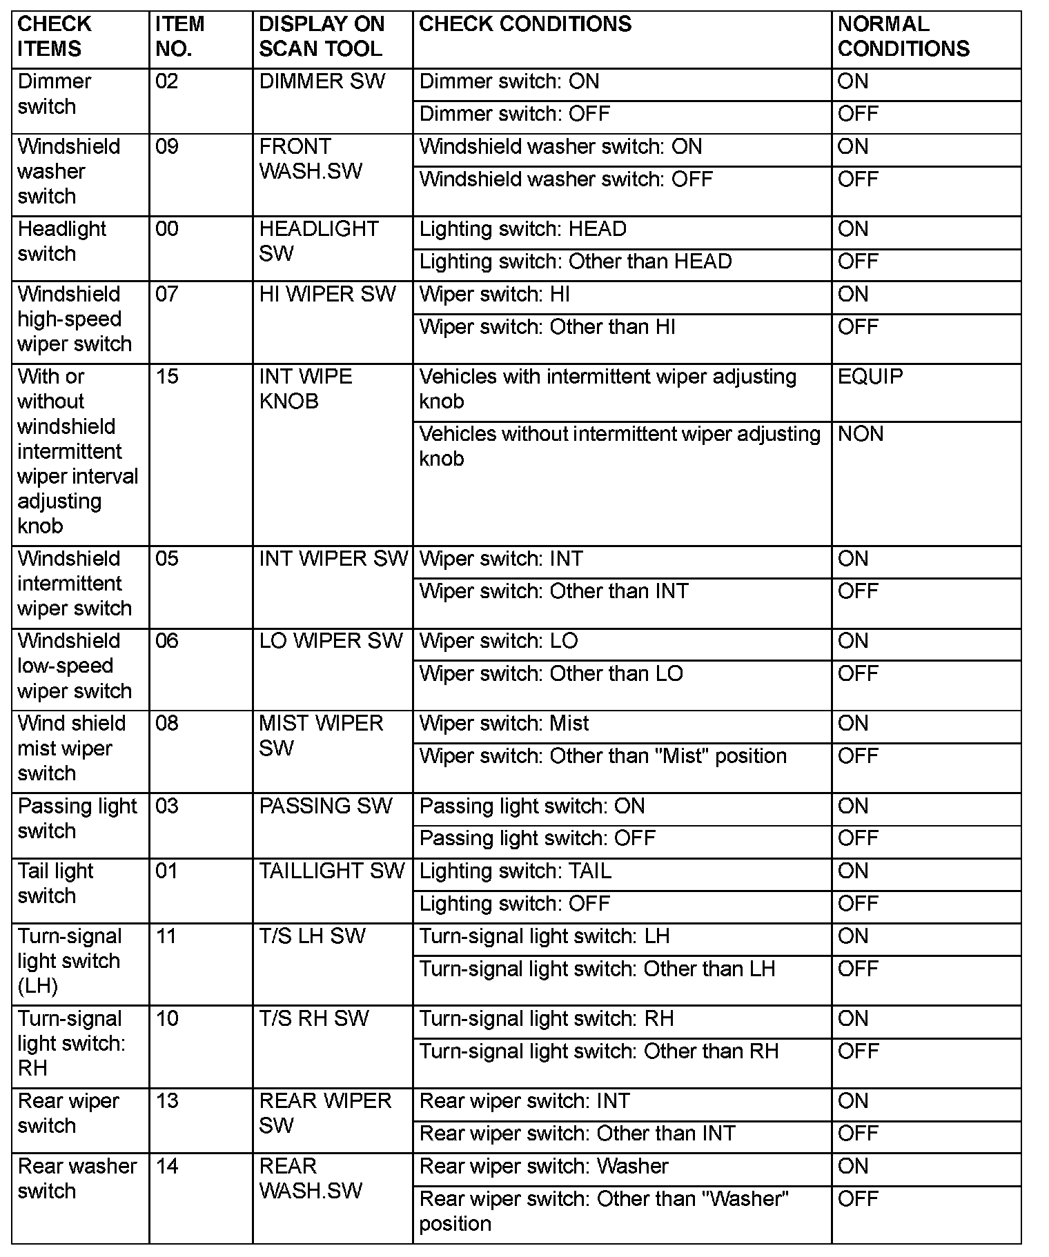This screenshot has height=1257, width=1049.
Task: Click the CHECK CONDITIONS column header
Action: pos(525,25)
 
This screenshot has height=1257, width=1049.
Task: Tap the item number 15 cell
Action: pos(167,377)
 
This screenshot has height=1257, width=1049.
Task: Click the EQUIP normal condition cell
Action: pos(870,377)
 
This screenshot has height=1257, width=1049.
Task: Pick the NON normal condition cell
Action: pos(860,434)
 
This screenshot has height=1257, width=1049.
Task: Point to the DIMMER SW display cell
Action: pos(322,81)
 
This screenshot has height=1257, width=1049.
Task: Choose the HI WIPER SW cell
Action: pos(327,295)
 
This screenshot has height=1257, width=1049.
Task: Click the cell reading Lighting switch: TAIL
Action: pos(515,871)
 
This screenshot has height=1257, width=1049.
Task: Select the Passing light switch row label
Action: pos(77,818)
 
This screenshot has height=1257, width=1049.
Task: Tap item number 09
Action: pos(167,147)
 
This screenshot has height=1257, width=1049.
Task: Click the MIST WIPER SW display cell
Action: pos(320,735)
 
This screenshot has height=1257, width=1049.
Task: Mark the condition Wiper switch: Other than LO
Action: pos(551,674)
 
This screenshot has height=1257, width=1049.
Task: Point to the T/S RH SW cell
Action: pos(314,1019)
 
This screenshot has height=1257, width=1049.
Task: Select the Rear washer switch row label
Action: pos(77,1178)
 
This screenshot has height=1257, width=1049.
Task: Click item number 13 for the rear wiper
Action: pos(167,1101)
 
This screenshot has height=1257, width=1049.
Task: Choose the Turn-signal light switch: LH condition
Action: pos(544,937)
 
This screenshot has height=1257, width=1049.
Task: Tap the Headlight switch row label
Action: pos(62,241)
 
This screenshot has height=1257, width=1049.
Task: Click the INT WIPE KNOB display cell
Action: pos(305,389)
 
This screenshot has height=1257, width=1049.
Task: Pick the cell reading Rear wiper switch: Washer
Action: pos(543,1167)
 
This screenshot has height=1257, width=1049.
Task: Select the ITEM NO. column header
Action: pos(179,37)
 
